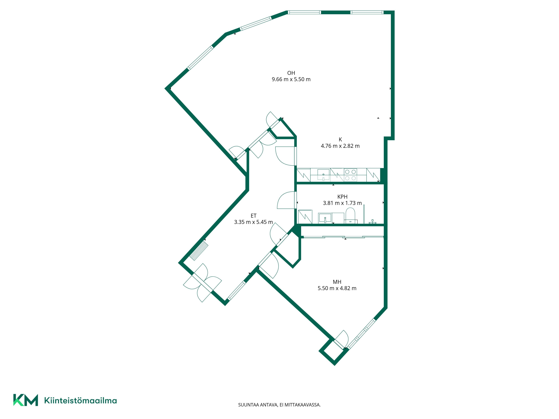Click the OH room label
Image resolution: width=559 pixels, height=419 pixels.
291,73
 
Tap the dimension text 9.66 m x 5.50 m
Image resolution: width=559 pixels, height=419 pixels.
291,79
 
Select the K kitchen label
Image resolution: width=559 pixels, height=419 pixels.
340,139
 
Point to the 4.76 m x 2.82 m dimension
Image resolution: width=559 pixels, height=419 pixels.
340,146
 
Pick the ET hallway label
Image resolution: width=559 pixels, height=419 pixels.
254,216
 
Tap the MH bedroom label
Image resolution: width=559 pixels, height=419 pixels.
337,282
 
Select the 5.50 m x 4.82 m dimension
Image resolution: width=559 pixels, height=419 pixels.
337,288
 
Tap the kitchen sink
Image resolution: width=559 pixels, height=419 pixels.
324,175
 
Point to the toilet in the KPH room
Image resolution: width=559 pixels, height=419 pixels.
350,216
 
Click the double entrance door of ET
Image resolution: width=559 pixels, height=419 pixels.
202,283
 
